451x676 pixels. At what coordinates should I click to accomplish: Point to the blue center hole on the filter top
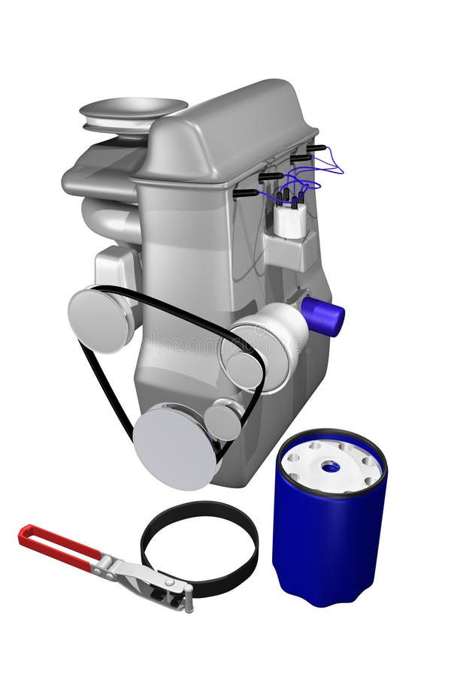pyautogui.click(x=331, y=466)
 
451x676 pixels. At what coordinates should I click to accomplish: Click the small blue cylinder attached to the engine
pyautogui.click(x=325, y=315)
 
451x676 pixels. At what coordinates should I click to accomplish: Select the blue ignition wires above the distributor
pyautogui.click(x=316, y=177)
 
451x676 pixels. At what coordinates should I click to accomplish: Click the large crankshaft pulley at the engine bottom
pyautogui.click(x=174, y=448)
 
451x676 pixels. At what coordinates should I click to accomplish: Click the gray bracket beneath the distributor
pyautogui.click(x=289, y=252)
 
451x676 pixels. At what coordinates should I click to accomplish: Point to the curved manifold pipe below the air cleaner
pyautogui.click(x=109, y=218)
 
